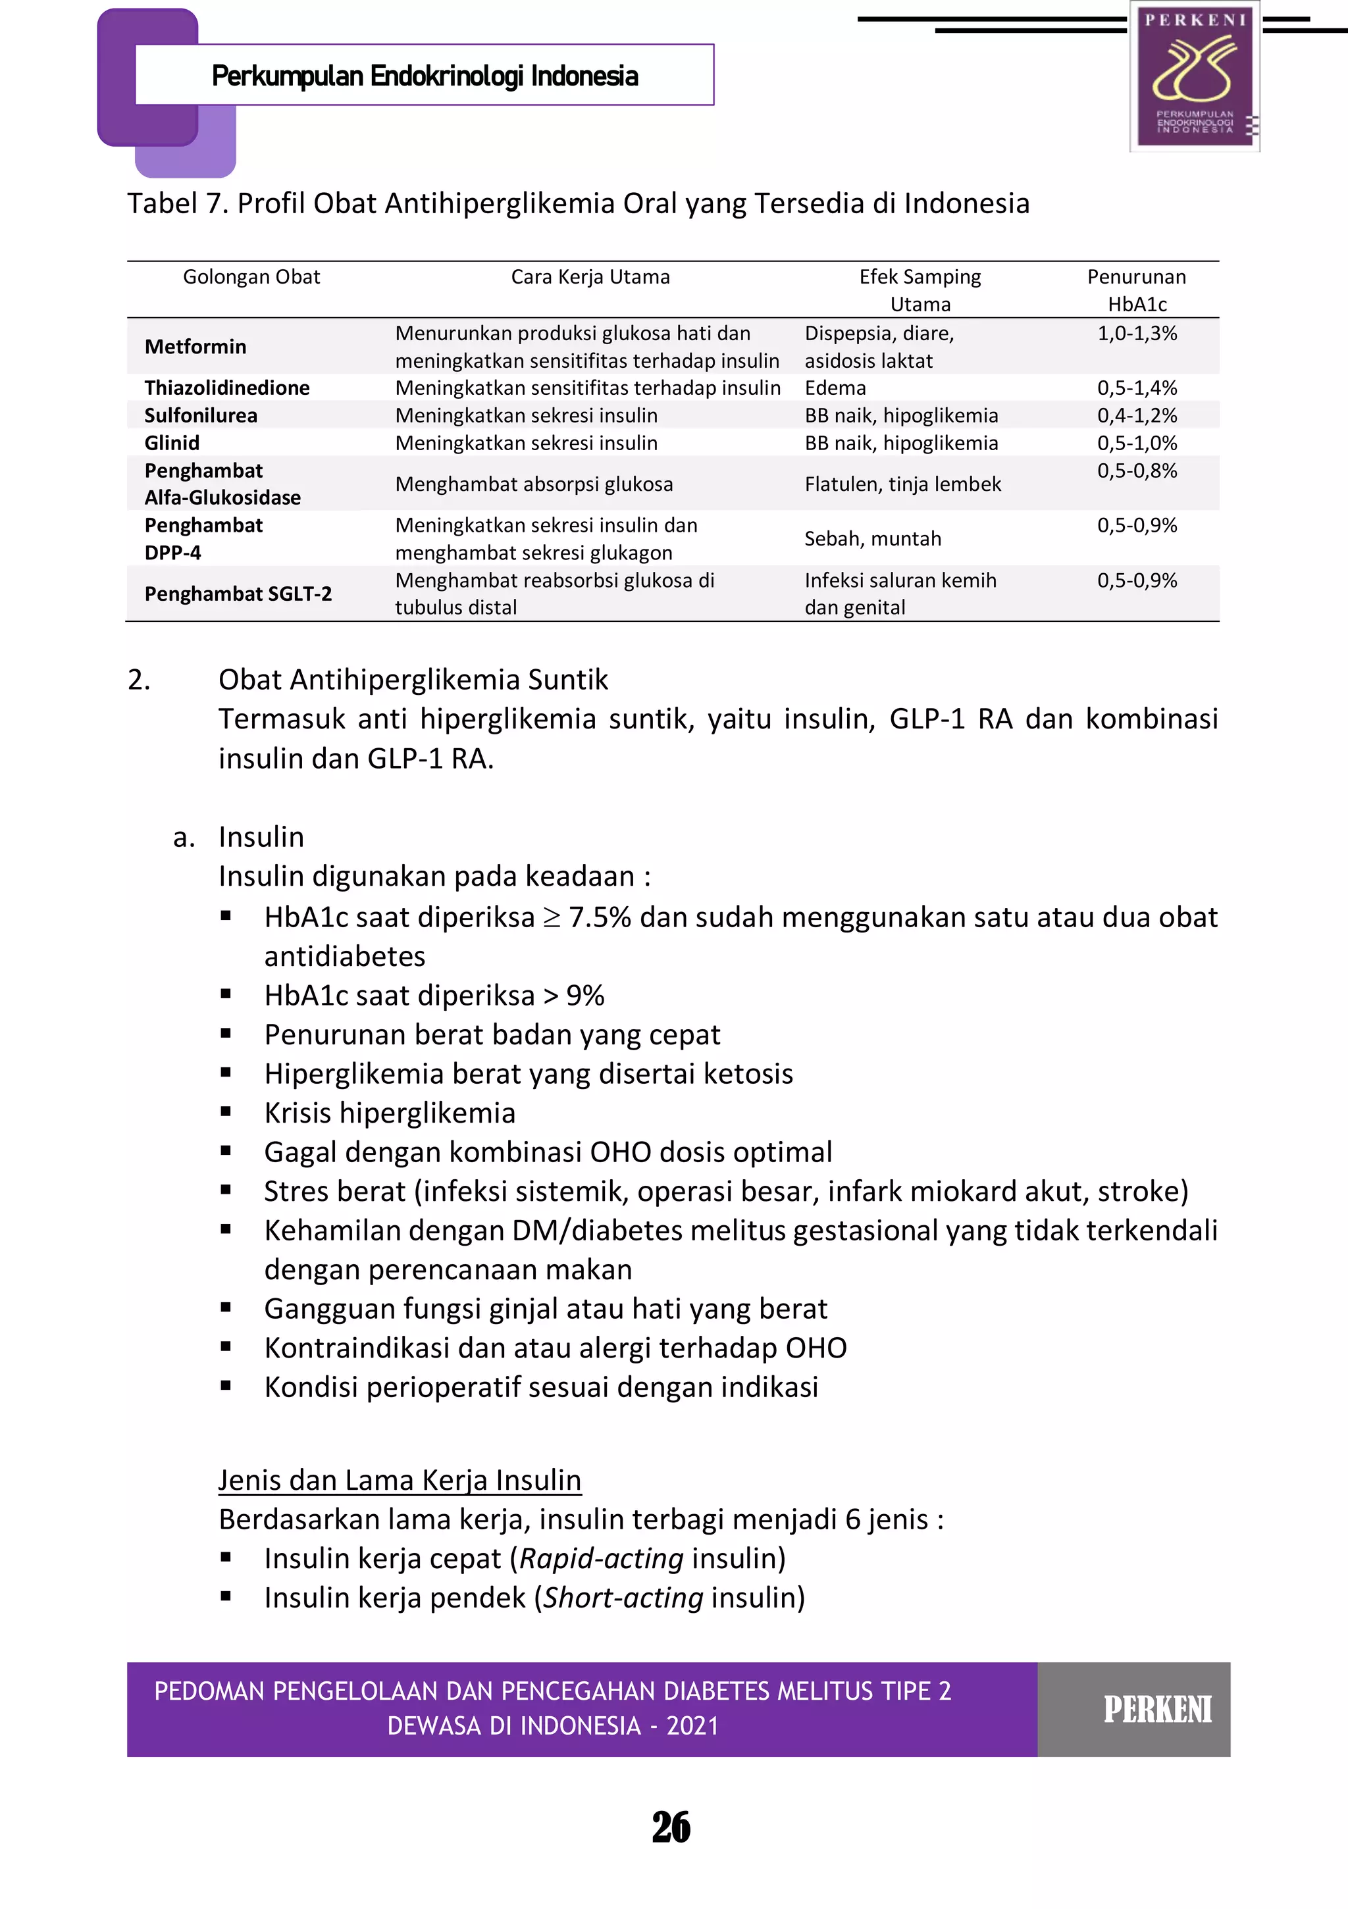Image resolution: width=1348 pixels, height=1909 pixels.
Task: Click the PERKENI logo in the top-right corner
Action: pyautogui.click(x=1195, y=76)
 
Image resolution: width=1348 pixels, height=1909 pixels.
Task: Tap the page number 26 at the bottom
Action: pyautogui.click(x=671, y=1827)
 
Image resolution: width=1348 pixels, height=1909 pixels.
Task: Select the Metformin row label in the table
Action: pyautogui.click(x=195, y=347)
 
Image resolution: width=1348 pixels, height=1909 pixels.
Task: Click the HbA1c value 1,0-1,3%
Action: pyautogui.click(x=1137, y=334)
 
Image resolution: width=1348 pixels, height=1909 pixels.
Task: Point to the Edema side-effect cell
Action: pyautogui.click(x=835, y=388)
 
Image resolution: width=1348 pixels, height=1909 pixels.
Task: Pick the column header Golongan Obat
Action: pyautogui.click(x=251, y=277)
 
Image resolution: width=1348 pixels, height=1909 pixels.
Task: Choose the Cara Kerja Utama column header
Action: pyautogui.click(x=590, y=277)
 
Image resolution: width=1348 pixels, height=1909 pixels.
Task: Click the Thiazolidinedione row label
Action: pyautogui.click(x=227, y=388)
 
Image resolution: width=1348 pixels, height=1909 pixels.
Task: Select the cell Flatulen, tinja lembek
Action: pyautogui.click(x=902, y=484)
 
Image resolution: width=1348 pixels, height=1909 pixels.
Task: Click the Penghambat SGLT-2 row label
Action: pyautogui.click(x=238, y=594)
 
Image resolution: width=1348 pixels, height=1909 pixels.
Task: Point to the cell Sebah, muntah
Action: pyautogui.click(x=872, y=539)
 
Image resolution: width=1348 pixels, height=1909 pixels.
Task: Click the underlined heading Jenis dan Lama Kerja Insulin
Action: pyautogui.click(x=399, y=1480)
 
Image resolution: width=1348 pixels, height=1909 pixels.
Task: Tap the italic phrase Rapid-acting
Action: pyautogui.click(x=601, y=1559)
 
